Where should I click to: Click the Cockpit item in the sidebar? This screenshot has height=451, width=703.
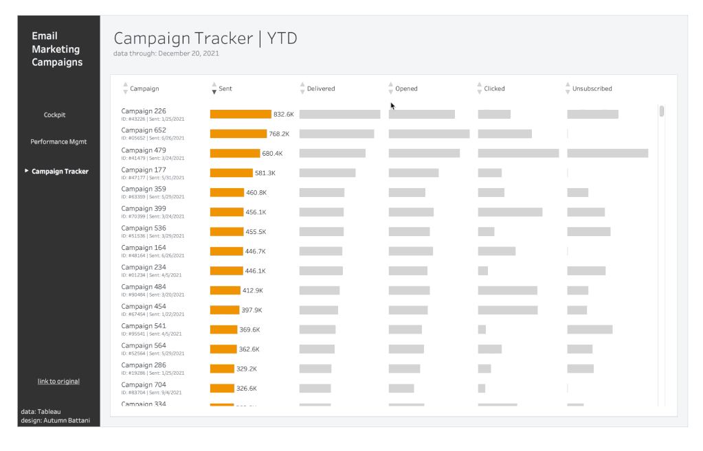54,115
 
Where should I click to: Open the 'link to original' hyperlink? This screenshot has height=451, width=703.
58,382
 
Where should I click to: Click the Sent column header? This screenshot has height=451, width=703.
225,89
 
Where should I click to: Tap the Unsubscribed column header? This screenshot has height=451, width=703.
592,89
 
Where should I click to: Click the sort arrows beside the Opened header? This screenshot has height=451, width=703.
390,89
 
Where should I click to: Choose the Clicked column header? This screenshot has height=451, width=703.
494,89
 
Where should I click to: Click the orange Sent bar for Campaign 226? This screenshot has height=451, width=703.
241,115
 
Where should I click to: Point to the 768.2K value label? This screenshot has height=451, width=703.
279,134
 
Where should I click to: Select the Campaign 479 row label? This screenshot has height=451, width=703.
144,150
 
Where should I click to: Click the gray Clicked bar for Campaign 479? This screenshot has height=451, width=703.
518,154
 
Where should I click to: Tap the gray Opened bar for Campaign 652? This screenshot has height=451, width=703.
429,134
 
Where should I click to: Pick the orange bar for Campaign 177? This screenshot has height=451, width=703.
232,173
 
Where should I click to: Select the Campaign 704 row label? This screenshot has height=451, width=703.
144,385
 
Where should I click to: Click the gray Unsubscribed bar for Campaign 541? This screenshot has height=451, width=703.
590,329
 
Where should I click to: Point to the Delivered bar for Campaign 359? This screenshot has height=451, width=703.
322,193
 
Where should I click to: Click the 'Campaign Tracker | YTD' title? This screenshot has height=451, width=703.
205,38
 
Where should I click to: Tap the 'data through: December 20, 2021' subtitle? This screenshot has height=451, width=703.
166,54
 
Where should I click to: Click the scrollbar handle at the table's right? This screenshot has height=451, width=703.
662,111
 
